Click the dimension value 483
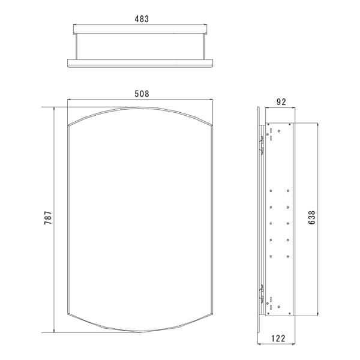click(x=142, y=19)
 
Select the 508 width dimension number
click(x=142, y=94)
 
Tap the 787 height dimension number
click(x=48, y=218)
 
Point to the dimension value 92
click(x=281, y=102)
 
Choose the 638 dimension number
click(x=312, y=217)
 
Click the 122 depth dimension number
click(x=278, y=338)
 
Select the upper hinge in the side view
click(x=261, y=145)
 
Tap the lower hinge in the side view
click(x=261, y=293)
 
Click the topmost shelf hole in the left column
click(x=271, y=191)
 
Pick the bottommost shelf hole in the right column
click(x=288, y=256)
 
